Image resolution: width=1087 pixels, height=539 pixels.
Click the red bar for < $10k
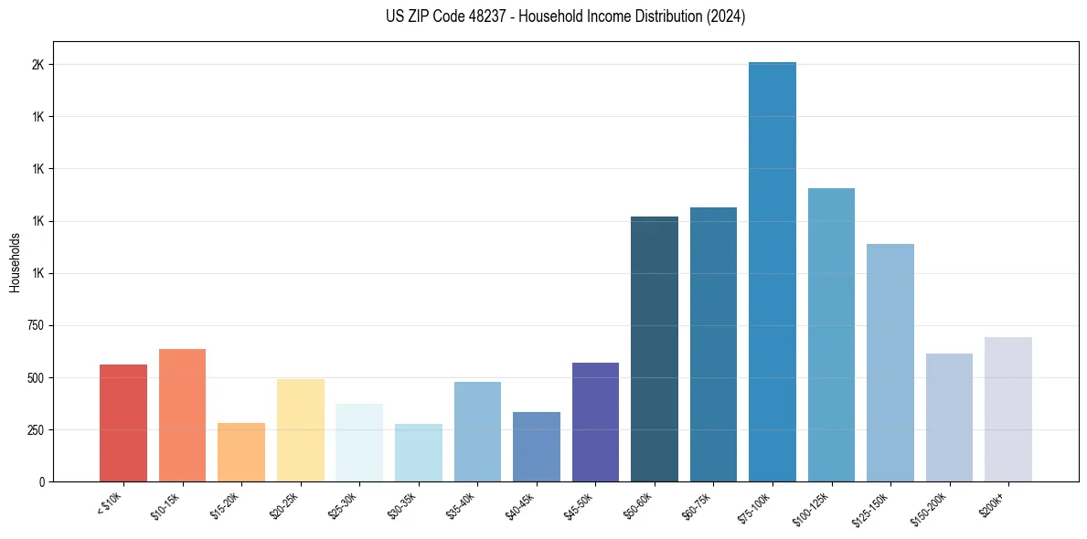(x=123, y=423)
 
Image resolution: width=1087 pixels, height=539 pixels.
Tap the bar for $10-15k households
(x=182, y=415)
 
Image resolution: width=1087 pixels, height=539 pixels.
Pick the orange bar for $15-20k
(x=241, y=452)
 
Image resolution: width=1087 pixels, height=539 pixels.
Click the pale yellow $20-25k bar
(x=301, y=430)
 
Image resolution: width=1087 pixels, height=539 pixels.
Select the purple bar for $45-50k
(x=595, y=422)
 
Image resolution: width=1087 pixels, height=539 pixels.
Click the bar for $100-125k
(x=831, y=334)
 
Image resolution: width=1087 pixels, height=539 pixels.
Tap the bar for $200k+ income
(x=1008, y=409)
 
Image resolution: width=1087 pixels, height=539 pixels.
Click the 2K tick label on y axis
(x=37, y=65)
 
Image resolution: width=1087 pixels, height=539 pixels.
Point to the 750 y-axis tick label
(x=35, y=325)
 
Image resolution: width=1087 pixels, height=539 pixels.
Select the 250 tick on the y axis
(x=35, y=429)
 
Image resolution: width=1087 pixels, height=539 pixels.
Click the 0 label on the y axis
(x=42, y=481)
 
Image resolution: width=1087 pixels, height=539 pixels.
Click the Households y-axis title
(x=16, y=262)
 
